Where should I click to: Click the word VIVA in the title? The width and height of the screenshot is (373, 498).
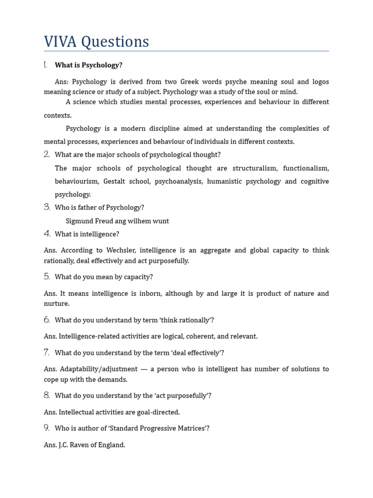pyautogui.click(x=60, y=42)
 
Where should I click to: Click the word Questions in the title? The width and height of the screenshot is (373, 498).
pyautogui.click(x=115, y=42)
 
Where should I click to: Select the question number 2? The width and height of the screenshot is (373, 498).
pyautogui.click(x=47, y=155)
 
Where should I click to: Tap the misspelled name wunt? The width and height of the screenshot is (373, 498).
pyautogui.click(x=160, y=221)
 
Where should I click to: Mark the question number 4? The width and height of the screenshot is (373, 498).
pyautogui.click(x=47, y=234)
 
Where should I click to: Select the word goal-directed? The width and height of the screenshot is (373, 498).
pyautogui.click(x=158, y=412)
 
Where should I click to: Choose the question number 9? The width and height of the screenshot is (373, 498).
pyautogui.click(x=47, y=428)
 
